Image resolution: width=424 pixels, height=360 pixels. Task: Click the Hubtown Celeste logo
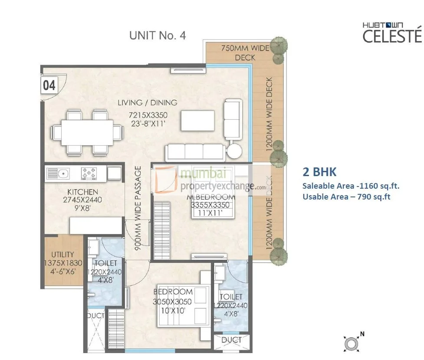click(x=392, y=33)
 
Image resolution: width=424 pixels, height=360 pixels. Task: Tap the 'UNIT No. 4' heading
click(x=158, y=36)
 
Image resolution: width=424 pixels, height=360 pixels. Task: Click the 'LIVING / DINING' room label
click(x=147, y=103)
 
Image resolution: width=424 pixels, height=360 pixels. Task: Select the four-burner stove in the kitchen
click(x=89, y=173)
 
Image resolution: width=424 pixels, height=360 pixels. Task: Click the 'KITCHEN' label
click(x=82, y=192)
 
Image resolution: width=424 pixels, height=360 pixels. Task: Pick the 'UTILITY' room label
click(x=62, y=255)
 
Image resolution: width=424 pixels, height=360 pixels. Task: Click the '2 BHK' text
click(x=319, y=172)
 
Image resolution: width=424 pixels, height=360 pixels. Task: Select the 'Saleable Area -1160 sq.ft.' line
click(x=351, y=186)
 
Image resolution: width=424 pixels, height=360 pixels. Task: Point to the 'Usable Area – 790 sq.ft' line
click(x=347, y=197)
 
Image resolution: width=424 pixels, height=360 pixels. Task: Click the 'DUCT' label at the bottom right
click(x=231, y=340)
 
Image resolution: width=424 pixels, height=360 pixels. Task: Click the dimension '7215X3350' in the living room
click(x=147, y=116)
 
